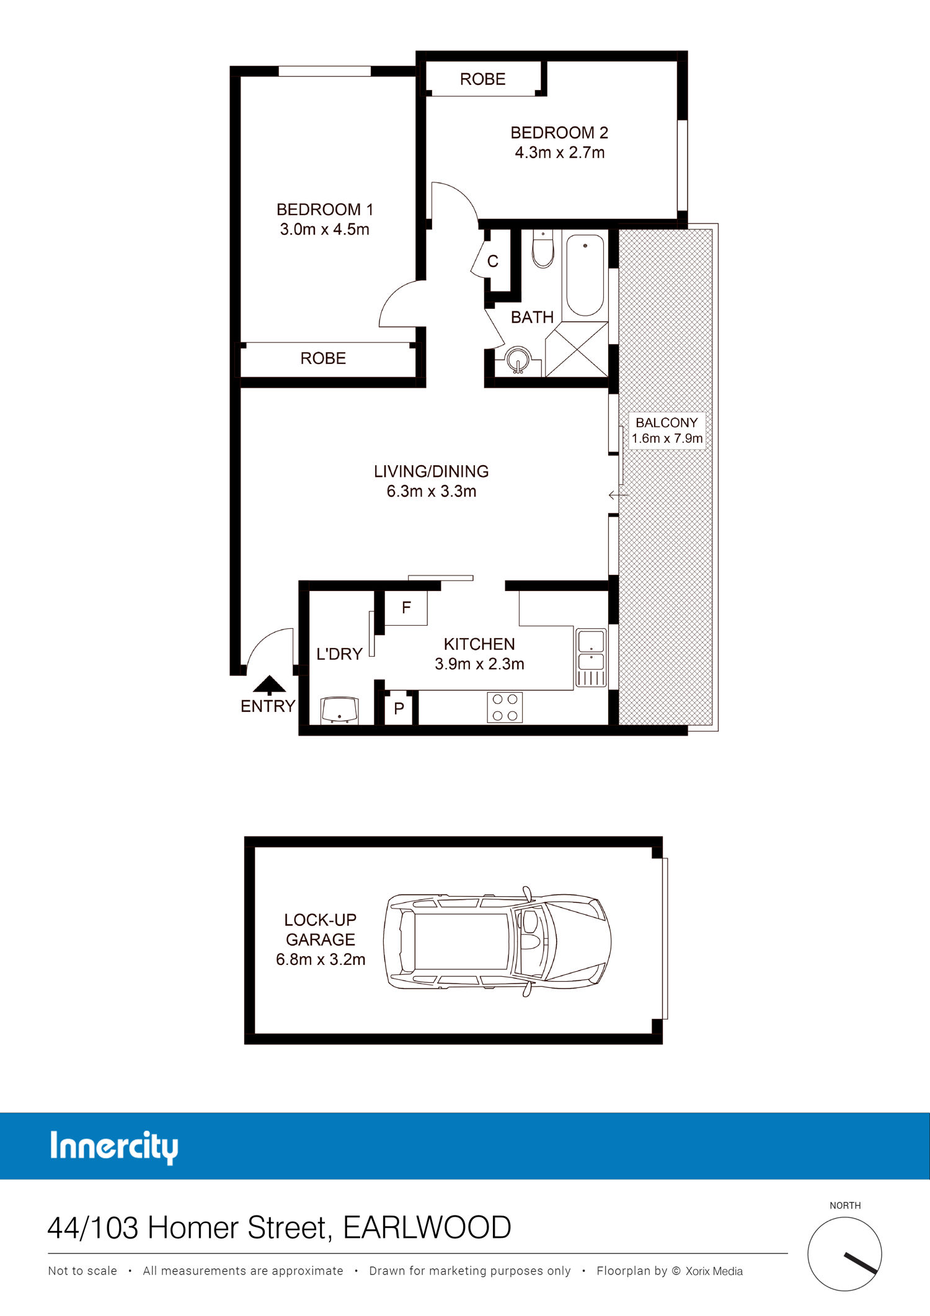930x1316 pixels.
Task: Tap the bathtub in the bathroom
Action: pyautogui.click(x=585, y=274)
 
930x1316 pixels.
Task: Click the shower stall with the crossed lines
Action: pyautogui.click(x=577, y=349)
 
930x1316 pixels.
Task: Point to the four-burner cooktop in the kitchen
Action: pyautogui.click(x=505, y=707)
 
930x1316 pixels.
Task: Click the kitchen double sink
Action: pyautogui.click(x=591, y=657)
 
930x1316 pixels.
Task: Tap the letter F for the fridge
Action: pyautogui.click(x=406, y=608)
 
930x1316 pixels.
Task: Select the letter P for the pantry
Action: pyautogui.click(x=399, y=708)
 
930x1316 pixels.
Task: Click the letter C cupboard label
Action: pyautogui.click(x=493, y=262)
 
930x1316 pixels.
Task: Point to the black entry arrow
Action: pyautogui.click(x=269, y=684)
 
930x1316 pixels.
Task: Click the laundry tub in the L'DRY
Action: pyautogui.click(x=339, y=710)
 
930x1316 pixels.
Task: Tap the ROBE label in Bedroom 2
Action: pyautogui.click(x=482, y=79)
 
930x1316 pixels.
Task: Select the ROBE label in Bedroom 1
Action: pyautogui.click(x=323, y=358)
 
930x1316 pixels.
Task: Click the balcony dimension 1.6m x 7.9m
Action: pyautogui.click(x=667, y=438)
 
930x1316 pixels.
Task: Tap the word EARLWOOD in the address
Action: pyautogui.click(x=427, y=1228)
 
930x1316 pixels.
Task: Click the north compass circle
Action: pyautogui.click(x=844, y=1254)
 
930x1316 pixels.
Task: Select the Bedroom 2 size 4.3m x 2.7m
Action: pyautogui.click(x=559, y=153)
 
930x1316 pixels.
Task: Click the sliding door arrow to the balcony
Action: pyautogui.click(x=618, y=495)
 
